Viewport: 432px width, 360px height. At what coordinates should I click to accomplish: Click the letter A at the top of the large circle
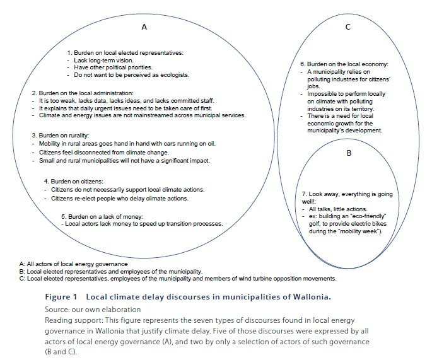[x=144, y=27]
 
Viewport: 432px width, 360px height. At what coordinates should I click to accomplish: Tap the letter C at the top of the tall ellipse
[x=348, y=27]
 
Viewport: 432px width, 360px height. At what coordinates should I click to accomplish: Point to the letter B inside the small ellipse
[x=348, y=152]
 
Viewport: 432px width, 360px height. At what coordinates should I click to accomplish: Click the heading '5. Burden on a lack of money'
[x=106, y=217]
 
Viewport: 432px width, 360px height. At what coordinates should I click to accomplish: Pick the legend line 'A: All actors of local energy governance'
[x=74, y=262]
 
